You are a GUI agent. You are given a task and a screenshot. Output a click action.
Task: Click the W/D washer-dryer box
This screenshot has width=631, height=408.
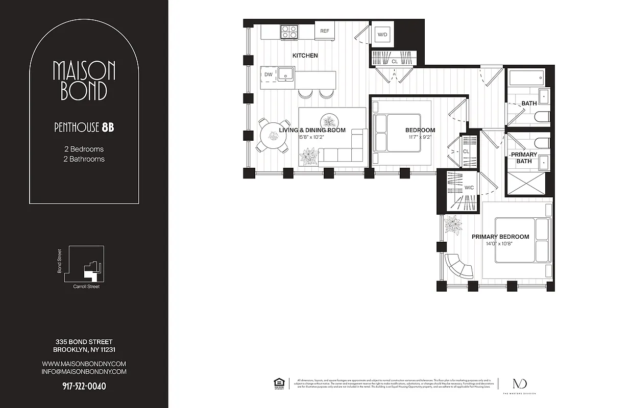pyautogui.click(x=382, y=35)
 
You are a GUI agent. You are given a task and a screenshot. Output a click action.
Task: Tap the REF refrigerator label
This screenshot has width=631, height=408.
pyautogui.click(x=325, y=31)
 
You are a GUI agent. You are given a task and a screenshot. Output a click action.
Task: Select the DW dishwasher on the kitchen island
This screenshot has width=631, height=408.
pyautogui.click(x=268, y=74)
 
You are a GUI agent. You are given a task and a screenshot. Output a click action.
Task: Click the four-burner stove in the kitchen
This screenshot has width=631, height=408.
pyautogui.click(x=289, y=32)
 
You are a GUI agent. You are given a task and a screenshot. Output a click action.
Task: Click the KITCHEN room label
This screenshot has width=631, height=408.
pyautogui.click(x=305, y=56)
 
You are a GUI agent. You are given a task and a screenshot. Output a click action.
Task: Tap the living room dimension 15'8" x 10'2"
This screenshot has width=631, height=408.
pyautogui.click(x=312, y=137)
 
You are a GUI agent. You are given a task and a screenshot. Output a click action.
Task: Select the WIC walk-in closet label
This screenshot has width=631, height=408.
pyautogui.click(x=469, y=188)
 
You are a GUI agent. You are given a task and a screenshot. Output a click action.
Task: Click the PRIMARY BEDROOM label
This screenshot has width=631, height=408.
pyautogui.click(x=500, y=237)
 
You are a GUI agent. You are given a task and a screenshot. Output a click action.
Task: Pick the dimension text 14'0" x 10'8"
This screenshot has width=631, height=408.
pyautogui.click(x=500, y=244)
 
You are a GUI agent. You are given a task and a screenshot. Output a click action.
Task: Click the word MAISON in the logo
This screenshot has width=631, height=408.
pyautogui.click(x=84, y=71)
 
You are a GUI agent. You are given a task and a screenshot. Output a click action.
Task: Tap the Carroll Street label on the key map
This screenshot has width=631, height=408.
pyautogui.click(x=86, y=287)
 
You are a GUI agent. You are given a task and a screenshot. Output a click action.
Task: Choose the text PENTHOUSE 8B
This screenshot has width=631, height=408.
pyautogui.click(x=84, y=127)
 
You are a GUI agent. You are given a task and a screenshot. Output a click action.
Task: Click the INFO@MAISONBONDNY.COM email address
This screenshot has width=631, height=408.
pyautogui.click(x=84, y=372)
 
